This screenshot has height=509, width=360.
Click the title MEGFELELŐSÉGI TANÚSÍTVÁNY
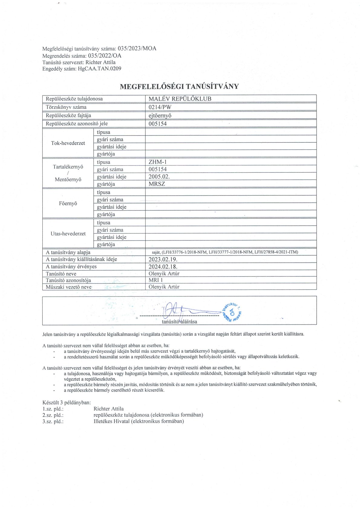(x=179, y=86)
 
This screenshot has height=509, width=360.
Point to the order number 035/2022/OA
(x=104, y=56)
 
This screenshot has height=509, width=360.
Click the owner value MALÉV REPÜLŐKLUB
(x=180, y=99)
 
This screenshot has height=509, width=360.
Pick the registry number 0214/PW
(x=160, y=107)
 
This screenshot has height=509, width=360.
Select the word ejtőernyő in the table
(x=160, y=116)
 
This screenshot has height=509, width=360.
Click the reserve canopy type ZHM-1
(x=158, y=162)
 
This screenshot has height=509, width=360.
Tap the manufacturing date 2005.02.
(x=159, y=177)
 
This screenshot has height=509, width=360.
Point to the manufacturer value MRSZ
(x=157, y=184)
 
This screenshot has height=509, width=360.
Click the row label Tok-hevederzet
(x=68, y=143)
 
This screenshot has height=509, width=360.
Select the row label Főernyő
(x=68, y=203)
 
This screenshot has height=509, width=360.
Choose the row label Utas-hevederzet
(x=68, y=233)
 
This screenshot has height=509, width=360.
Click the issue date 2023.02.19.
(x=163, y=259)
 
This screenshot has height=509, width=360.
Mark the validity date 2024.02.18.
(x=163, y=266)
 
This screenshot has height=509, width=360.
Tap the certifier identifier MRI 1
(x=155, y=280)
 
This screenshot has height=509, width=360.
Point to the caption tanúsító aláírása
(x=179, y=321)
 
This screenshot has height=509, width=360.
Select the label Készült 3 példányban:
(x=67, y=403)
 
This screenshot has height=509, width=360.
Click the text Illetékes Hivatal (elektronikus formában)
(x=139, y=421)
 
